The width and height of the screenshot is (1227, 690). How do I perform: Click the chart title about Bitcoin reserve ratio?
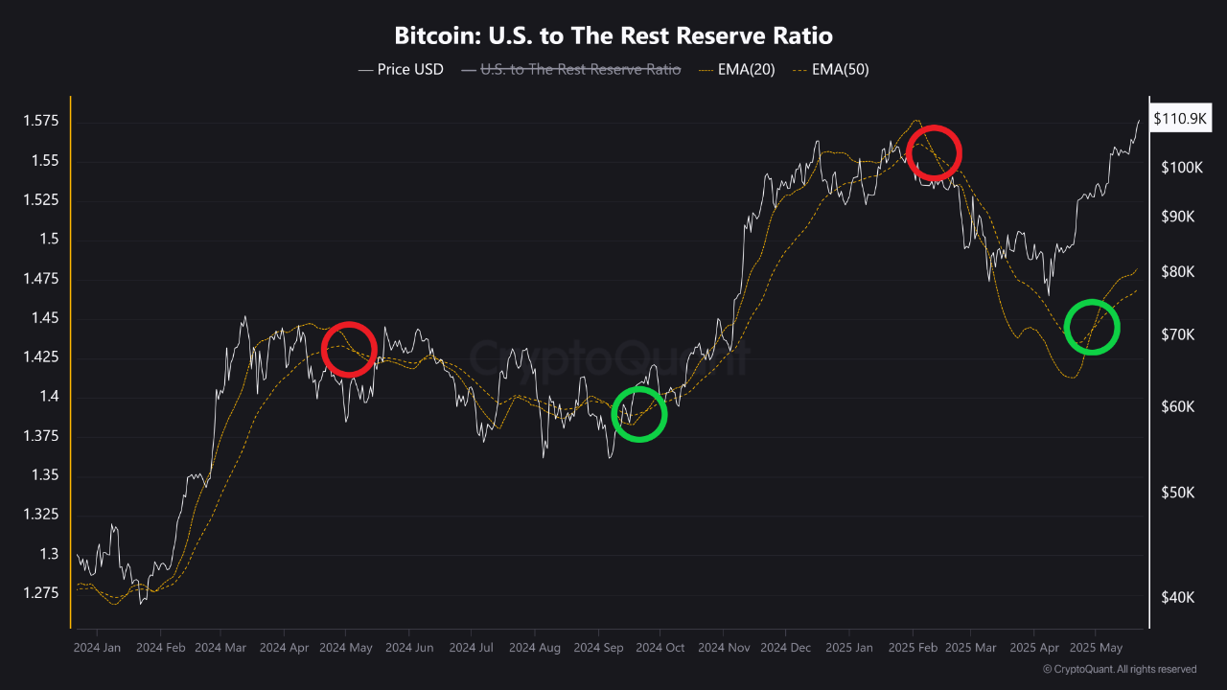pos(613,36)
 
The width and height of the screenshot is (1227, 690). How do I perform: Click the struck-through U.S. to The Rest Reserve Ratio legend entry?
pos(571,69)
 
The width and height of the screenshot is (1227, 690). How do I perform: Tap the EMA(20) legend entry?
pos(738,69)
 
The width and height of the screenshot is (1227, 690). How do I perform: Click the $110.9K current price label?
pos(1180,119)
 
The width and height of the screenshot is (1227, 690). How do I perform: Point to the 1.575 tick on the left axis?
pos(40,122)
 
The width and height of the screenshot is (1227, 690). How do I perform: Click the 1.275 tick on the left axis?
pos(40,593)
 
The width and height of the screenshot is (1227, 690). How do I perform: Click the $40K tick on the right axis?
pos(1177,597)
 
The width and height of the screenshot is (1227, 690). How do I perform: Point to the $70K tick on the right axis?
pos(1177,335)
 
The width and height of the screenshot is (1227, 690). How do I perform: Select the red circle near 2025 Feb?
pos(934,152)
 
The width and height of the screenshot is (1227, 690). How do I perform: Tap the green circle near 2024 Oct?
pos(638,414)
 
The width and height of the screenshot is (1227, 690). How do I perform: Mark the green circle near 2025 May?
pos(1092,327)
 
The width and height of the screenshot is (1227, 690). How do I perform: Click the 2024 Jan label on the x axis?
pos(97,648)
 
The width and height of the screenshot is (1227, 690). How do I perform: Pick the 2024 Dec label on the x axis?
pos(785,648)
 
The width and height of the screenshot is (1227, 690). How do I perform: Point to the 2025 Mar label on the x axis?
pos(970,648)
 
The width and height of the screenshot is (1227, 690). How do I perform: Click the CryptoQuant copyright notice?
pos(1119,669)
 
